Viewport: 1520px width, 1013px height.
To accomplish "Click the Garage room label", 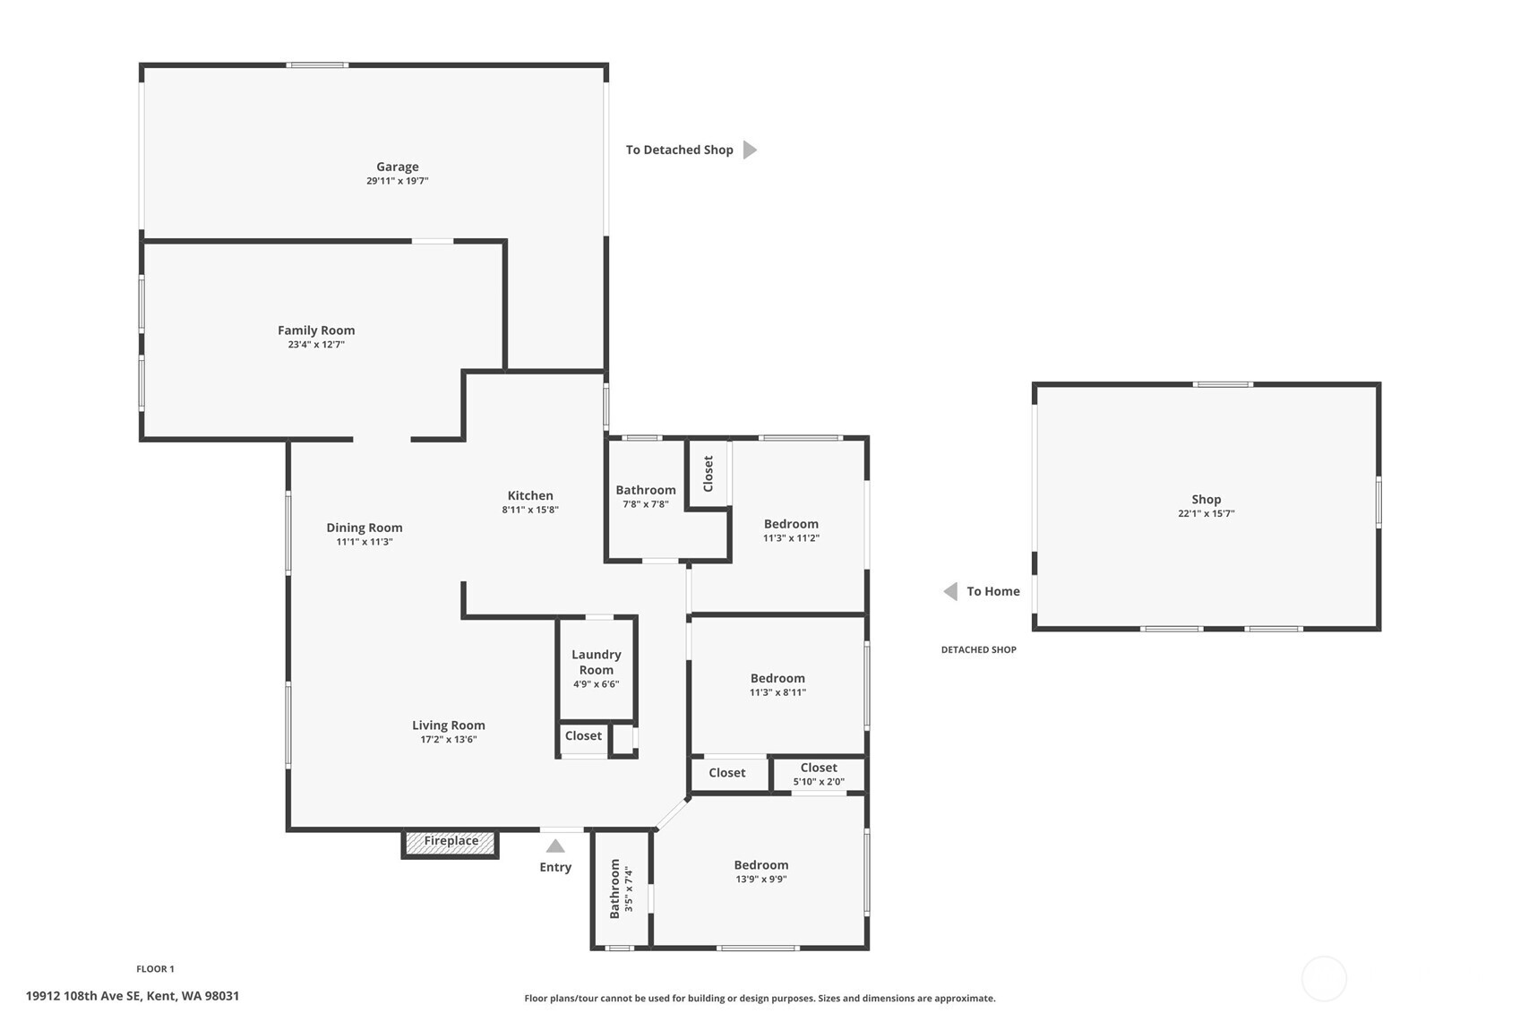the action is (x=398, y=167).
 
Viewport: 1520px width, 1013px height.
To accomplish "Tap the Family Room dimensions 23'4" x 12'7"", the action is (x=316, y=345).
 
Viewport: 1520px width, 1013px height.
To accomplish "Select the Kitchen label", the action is (x=530, y=495).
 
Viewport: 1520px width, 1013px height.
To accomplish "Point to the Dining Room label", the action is (x=365, y=528).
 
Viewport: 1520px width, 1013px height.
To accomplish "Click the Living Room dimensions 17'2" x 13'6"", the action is (x=449, y=740).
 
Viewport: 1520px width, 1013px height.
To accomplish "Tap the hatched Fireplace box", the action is (x=451, y=842).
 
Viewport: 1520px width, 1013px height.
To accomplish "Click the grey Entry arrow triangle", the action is (x=555, y=846).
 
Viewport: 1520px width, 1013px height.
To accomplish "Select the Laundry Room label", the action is (x=596, y=662).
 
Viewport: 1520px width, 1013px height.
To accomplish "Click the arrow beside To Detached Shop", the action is (x=750, y=150).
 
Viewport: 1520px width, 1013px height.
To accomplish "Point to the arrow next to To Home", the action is (x=950, y=592).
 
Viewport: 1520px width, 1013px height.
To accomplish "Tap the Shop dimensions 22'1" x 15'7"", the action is (x=1206, y=513).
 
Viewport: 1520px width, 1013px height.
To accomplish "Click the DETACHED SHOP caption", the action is (x=978, y=650).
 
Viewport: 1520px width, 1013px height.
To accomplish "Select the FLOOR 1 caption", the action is (x=155, y=969).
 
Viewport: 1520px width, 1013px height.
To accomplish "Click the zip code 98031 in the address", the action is (x=222, y=996).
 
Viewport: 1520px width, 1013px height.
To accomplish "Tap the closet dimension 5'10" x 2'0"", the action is (x=819, y=782).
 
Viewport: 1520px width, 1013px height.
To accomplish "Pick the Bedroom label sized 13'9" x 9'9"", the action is (x=760, y=865).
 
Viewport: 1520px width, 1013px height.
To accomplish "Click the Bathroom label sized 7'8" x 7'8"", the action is (x=645, y=490).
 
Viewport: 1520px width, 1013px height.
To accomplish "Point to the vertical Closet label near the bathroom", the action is (x=708, y=474).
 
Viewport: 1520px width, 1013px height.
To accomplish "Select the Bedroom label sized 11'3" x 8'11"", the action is (x=777, y=679).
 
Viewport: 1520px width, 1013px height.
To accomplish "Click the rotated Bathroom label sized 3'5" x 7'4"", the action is (x=614, y=889).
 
